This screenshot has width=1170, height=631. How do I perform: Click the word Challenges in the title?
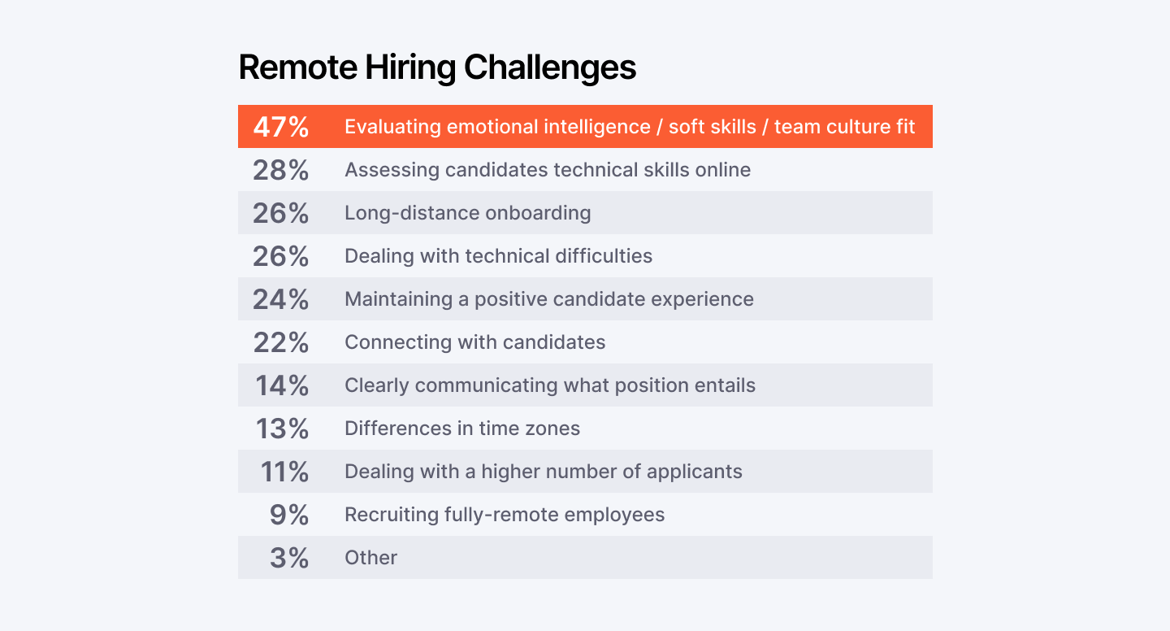point(550,67)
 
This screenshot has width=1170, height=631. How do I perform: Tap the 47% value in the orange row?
point(281,127)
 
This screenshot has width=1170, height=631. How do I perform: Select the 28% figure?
point(281,171)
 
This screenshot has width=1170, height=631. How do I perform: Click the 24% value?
point(281,299)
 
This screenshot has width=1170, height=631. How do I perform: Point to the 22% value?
point(281,342)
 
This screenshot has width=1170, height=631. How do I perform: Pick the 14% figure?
point(282,385)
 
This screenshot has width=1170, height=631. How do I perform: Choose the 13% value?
point(282,429)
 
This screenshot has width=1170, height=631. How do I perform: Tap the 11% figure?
point(284,472)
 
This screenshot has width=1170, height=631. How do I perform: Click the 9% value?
point(289,515)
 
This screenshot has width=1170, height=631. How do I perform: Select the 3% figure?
point(289,558)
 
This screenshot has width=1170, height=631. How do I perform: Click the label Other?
point(370,558)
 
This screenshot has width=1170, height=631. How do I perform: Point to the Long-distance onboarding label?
point(468,213)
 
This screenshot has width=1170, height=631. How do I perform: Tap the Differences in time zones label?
point(462,429)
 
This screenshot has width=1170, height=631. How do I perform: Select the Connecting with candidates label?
point(474,342)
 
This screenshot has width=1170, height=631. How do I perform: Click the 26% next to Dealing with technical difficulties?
point(281,256)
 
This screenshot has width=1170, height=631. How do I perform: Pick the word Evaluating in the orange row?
point(392,127)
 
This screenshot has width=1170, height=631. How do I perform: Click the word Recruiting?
point(392,515)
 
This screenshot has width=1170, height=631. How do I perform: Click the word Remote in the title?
point(297,67)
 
